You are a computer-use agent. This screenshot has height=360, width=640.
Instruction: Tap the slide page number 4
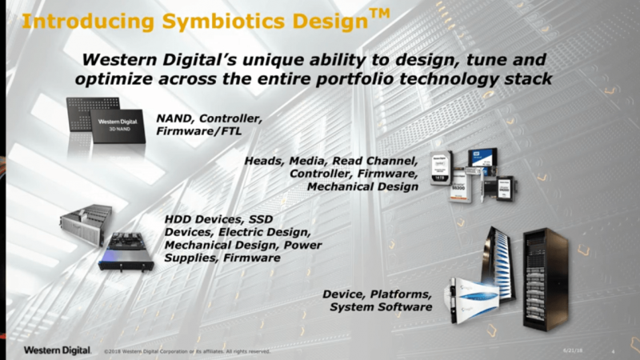[611, 351]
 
